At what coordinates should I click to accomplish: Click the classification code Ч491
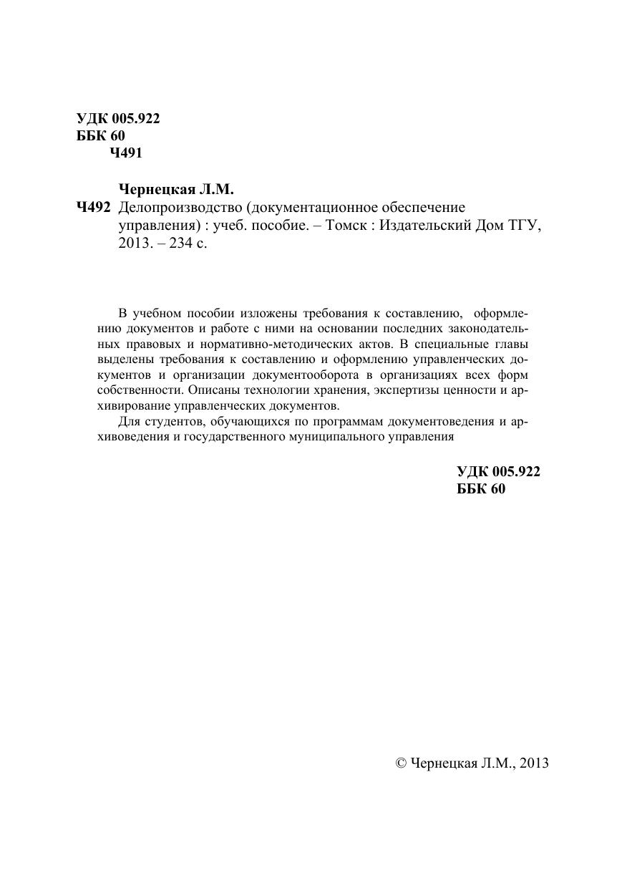[x=126, y=153]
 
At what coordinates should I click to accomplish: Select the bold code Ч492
[x=92, y=208]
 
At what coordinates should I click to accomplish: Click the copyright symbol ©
[x=401, y=763]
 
